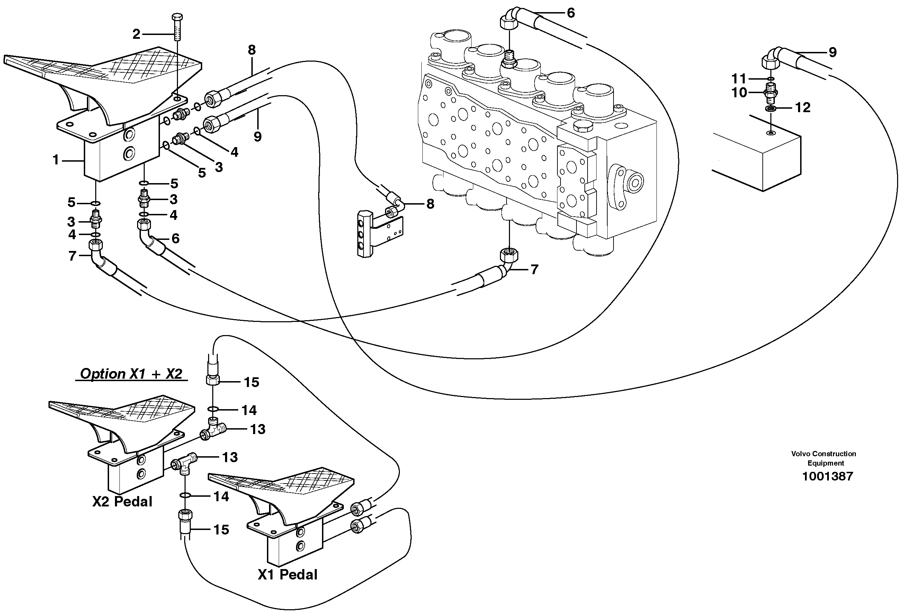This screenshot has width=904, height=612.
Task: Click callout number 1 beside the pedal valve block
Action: [x=56, y=160]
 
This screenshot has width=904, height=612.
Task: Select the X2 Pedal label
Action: [x=122, y=502]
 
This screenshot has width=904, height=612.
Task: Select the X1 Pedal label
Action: [x=287, y=575]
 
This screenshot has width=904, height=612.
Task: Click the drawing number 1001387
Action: [x=827, y=476]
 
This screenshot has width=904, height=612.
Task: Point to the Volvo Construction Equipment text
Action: [x=823, y=458]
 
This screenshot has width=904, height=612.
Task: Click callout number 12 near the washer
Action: [x=802, y=107]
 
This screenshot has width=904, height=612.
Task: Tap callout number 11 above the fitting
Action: [x=739, y=79]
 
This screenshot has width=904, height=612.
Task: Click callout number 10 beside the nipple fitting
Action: [x=739, y=92]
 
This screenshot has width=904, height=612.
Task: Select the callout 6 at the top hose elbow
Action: [x=571, y=13]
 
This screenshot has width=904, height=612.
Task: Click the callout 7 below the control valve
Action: [x=535, y=269]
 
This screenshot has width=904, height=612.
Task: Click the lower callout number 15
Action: [x=221, y=530]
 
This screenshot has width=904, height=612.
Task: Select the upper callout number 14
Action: [x=249, y=410]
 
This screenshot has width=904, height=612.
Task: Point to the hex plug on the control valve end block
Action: [x=583, y=126]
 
